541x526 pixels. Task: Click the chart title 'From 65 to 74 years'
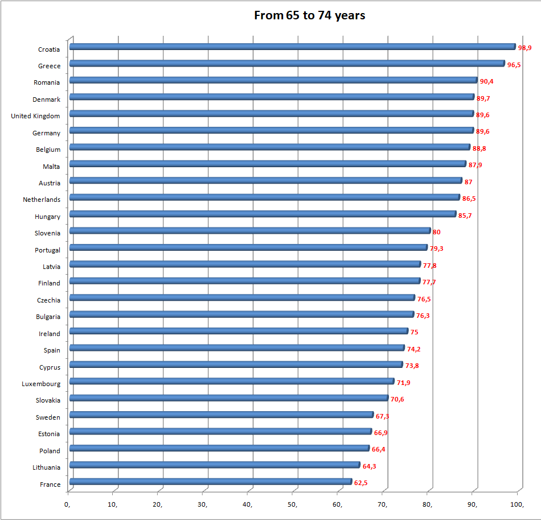[x=309, y=15]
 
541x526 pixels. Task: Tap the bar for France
[x=211, y=482]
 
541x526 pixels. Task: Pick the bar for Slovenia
[x=250, y=231]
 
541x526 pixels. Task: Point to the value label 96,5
[x=514, y=65]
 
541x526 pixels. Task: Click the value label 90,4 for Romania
[x=486, y=81]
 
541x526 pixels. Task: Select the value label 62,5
[x=360, y=483]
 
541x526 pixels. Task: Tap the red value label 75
[x=414, y=332]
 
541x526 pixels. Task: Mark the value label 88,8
[x=479, y=148]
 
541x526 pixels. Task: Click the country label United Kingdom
[x=35, y=116]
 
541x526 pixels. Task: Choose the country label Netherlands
[x=42, y=200]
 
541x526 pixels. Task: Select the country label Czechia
[x=48, y=300]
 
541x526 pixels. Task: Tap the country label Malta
[x=51, y=167]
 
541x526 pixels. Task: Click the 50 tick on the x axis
[x=293, y=504]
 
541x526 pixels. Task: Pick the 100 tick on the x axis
[x=517, y=504]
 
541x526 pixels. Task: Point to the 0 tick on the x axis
[x=68, y=504]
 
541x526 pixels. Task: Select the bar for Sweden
[x=222, y=415]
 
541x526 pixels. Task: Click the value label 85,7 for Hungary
[x=465, y=216]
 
